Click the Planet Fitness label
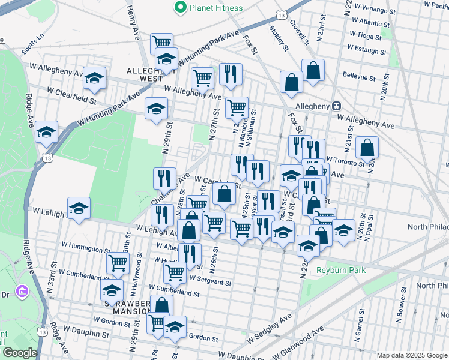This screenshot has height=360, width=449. (x=216, y=8)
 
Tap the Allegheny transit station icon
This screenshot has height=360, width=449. (x=338, y=106)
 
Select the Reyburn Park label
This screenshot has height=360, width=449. (x=341, y=271)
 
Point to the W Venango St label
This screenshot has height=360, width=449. (x=375, y=11)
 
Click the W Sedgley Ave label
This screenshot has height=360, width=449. (x=268, y=328)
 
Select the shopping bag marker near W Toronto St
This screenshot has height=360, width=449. (x=366, y=148)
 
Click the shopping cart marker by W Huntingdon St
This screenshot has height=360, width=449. (x=118, y=262)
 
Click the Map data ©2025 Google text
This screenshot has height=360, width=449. (x=412, y=355)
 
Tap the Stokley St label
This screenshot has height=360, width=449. (x=280, y=38)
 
